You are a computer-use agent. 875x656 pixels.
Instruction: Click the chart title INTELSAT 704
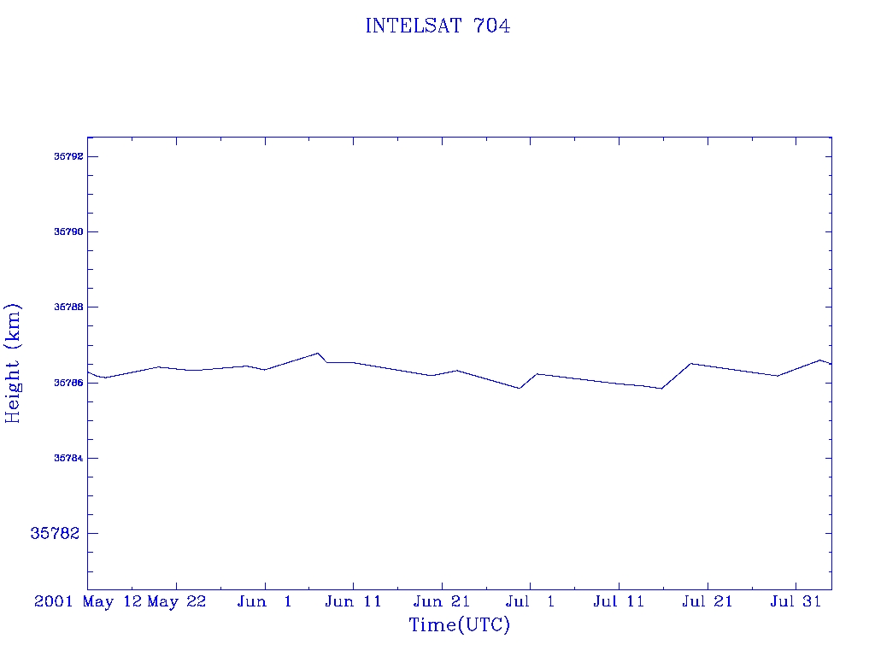point(437,26)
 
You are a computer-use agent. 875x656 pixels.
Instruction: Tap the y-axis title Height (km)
point(13,363)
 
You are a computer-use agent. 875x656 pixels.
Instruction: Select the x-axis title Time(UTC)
point(459,624)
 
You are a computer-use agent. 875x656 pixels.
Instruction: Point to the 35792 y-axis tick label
point(68,156)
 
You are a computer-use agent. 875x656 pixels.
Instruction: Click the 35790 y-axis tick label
point(68,231)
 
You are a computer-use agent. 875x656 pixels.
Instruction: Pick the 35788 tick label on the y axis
point(68,307)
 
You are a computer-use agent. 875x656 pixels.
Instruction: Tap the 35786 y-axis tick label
point(68,383)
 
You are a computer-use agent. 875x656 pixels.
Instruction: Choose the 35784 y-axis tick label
point(68,458)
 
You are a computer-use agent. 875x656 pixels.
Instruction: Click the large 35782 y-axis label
point(55,533)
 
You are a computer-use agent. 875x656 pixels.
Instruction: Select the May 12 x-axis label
point(112,601)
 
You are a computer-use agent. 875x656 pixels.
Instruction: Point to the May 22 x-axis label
point(176,601)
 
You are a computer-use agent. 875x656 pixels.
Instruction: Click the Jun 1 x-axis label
point(265,601)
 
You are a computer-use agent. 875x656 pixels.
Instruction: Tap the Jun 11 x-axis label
point(353,601)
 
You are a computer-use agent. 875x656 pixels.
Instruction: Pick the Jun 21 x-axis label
point(442,601)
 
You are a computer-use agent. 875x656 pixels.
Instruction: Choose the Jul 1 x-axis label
point(530,601)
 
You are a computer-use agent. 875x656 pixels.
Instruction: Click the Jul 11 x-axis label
point(619,601)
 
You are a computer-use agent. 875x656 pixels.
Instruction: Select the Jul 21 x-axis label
point(707,601)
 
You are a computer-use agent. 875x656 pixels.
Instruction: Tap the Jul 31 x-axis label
point(796,601)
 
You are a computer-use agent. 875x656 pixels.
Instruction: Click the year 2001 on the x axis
point(54,601)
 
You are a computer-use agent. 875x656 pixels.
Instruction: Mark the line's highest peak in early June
point(318,353)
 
